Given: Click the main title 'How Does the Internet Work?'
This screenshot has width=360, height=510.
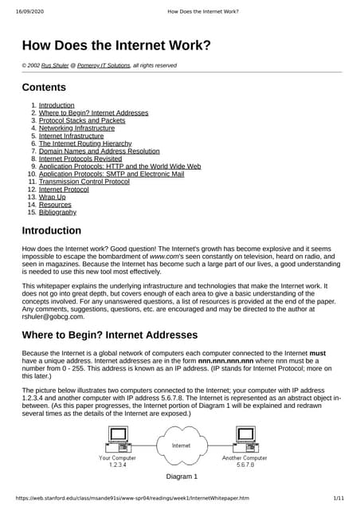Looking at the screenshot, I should (116, 45).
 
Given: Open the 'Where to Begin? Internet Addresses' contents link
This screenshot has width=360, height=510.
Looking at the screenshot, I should (93, 113).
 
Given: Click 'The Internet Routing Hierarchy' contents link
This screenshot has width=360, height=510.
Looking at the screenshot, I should (84, 143).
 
